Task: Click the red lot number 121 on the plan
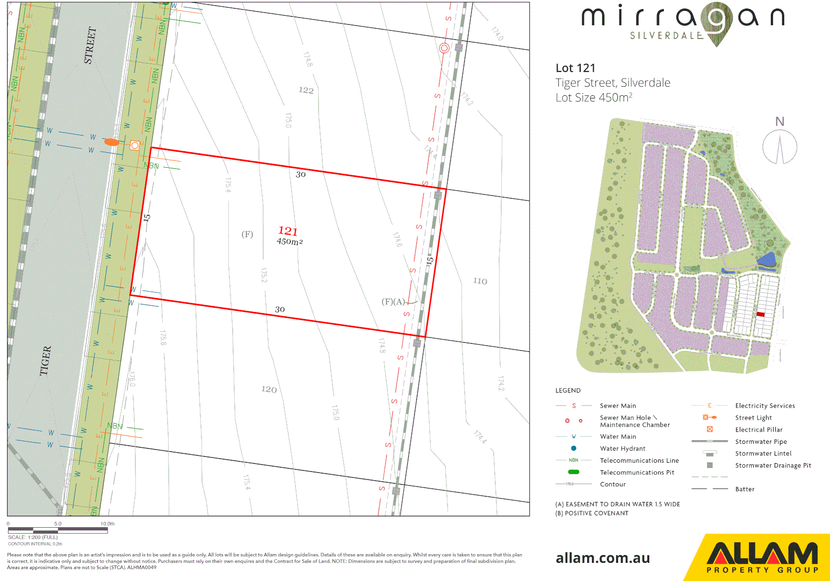pos(287,231)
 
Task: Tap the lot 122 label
pos(306,90)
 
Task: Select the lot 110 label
pos(480,281)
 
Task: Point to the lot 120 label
pos(269,389)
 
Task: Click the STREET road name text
pos(90,46)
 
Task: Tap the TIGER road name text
pos(46,360)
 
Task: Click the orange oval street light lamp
pos(112,143)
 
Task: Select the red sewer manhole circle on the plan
pos(444,48)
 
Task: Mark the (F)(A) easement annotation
pos(393,302)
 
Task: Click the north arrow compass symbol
pos(780,147)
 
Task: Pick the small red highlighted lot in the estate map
pos(760,314)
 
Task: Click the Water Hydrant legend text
pos(623,449)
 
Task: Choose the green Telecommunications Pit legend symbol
pos(574,472)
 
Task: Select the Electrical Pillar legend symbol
pos(710,429)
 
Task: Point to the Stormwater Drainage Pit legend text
pos(773,465)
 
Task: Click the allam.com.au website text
pos(603,558)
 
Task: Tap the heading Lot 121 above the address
pos(575,68)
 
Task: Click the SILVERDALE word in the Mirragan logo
pos(666,36)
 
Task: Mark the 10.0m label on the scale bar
pos(107,523)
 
